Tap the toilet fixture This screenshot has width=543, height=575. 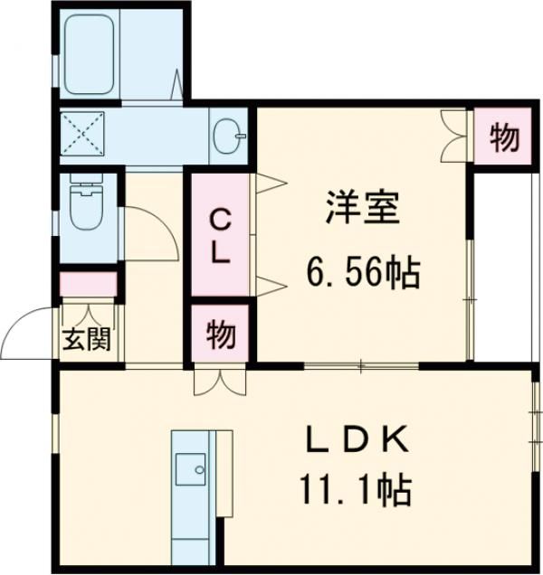point(87,209)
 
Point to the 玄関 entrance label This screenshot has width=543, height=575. point(87,341)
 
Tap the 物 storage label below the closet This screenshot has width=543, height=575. point(220,335)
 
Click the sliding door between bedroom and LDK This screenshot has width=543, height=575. point(362,366)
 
